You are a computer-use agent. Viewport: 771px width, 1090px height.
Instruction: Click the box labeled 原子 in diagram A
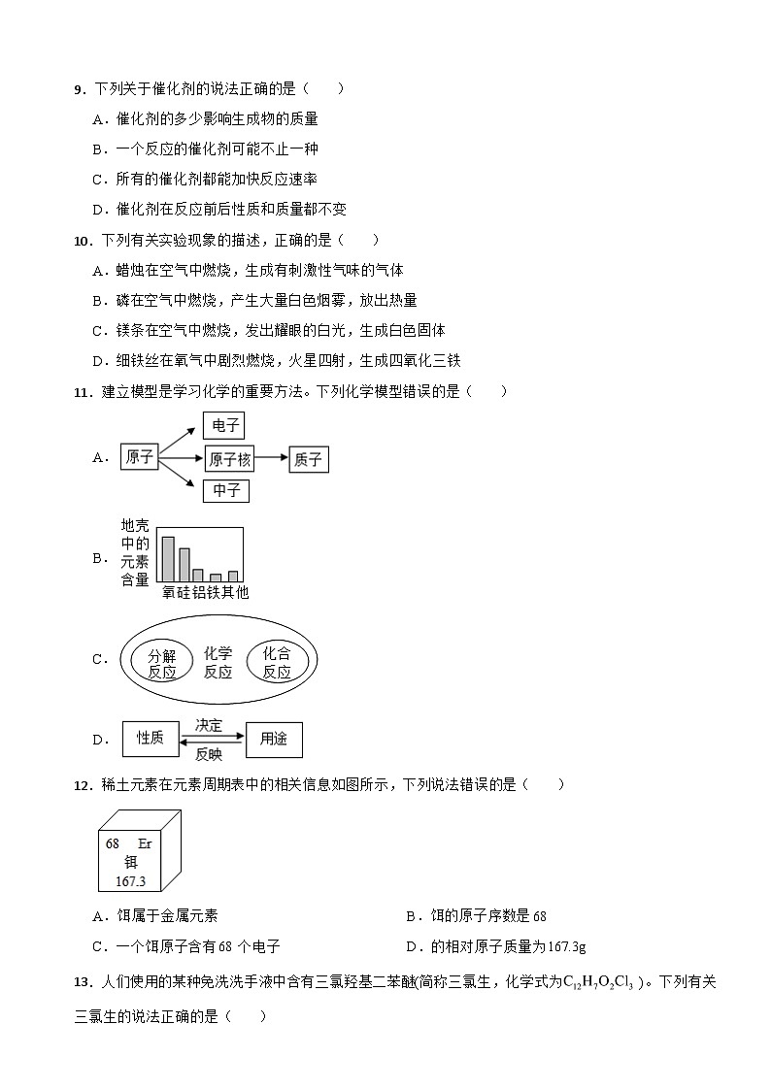tap(140, 457)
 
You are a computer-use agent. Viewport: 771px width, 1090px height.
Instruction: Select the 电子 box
tap(225, 425)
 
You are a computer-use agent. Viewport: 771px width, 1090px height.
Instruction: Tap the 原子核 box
tap(230, 460)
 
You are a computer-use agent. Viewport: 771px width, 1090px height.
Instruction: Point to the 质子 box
tap(308, 460)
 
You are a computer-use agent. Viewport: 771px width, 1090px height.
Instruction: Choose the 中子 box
tap(226, 491)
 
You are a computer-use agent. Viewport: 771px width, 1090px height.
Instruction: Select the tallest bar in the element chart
tap(168, 558)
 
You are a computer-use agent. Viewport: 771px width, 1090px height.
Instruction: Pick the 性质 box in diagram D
tap(150, 739)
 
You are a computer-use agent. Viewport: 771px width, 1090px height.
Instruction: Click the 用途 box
tap(274, 739)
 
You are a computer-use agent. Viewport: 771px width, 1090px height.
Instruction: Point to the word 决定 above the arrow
tap(209, 725)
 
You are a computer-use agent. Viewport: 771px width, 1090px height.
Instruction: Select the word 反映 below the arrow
tap(209, 753)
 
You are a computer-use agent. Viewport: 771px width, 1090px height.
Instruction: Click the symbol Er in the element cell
tap(145, 844)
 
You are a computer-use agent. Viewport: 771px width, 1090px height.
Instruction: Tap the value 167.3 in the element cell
tap(129, 881)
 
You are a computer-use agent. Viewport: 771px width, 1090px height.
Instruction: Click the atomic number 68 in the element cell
tap(113, 844)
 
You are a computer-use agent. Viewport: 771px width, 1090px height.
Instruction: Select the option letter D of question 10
tap(97, 361)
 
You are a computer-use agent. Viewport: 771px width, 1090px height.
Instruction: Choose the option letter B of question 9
tap(97, 149)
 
